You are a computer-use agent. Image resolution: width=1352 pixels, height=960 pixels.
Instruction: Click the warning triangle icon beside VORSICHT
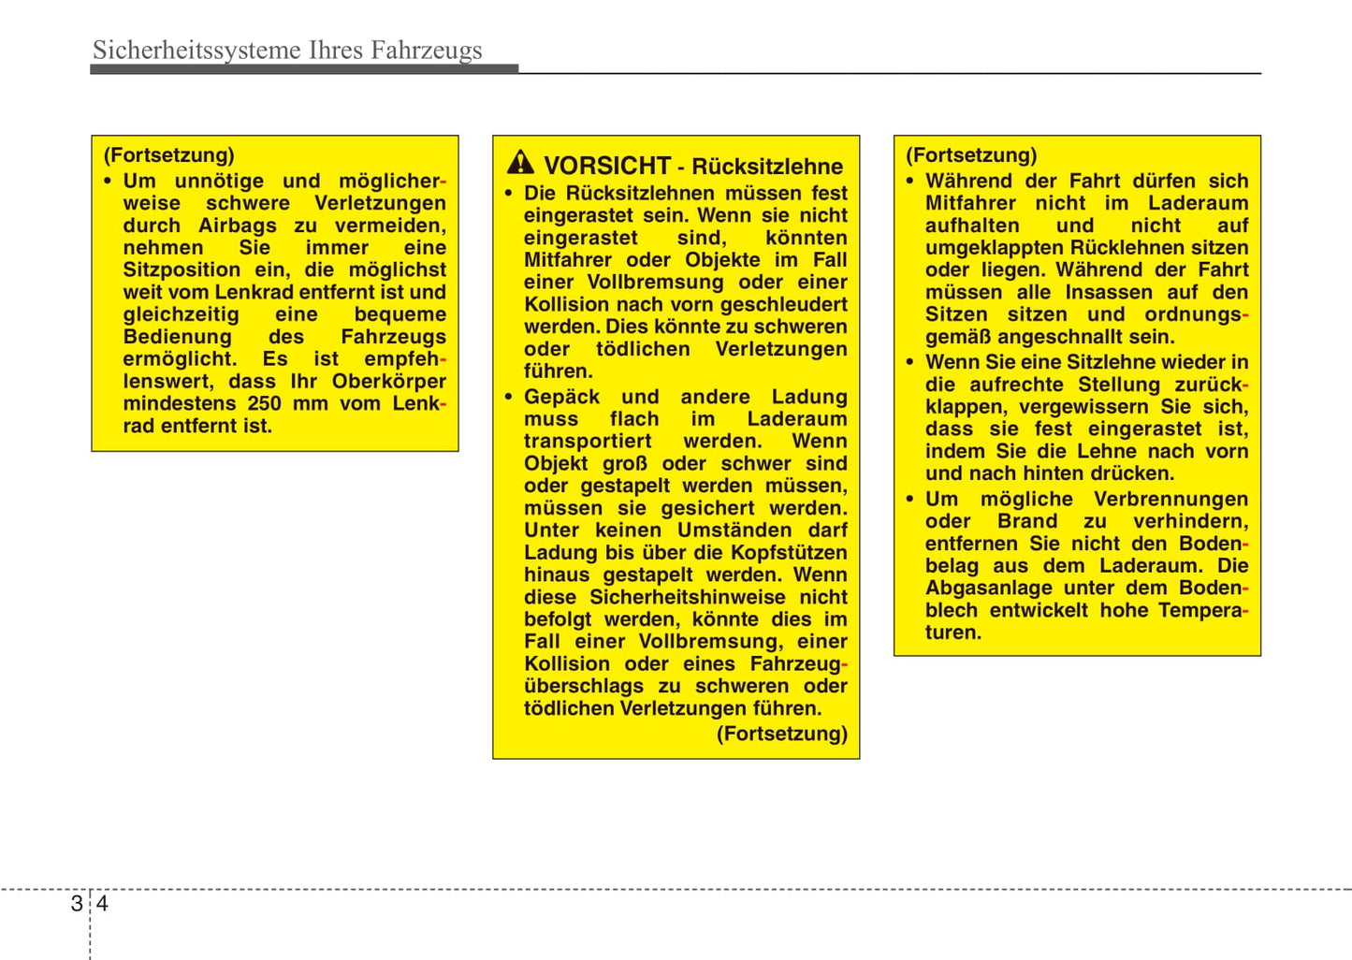[x=520, y=164]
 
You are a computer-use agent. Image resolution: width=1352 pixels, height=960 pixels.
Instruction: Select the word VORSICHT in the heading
[x=607, y=166]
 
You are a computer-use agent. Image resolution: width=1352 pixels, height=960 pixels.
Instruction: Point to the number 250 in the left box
[x=264, y=404]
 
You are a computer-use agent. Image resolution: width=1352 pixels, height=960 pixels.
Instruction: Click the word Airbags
[x=238, y=225]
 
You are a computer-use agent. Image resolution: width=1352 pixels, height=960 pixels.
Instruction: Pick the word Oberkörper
[x=388, y=382]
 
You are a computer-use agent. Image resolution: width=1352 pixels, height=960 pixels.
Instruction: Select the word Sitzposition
[x=182, y=270]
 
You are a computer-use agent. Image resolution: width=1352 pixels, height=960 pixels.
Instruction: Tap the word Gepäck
[x=561, y=397]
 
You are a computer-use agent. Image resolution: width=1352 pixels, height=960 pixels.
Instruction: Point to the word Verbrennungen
[x=1170, y=500]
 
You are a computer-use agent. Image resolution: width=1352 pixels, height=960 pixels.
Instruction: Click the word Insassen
[x=1109, y=293]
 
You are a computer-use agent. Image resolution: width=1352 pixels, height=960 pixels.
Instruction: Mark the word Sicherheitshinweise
[x=687, y=598]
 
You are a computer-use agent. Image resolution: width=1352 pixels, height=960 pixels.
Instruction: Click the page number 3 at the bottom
[x=76, y=904]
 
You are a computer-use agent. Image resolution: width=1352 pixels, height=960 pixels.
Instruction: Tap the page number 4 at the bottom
[x=102, y=904]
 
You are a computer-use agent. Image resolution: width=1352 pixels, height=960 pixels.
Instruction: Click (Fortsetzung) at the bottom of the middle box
[x=782, y=734]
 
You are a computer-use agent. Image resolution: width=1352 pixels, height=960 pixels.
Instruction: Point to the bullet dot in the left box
[x=109, y=182]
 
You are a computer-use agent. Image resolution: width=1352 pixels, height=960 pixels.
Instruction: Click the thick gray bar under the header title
[x=304, y=69]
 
